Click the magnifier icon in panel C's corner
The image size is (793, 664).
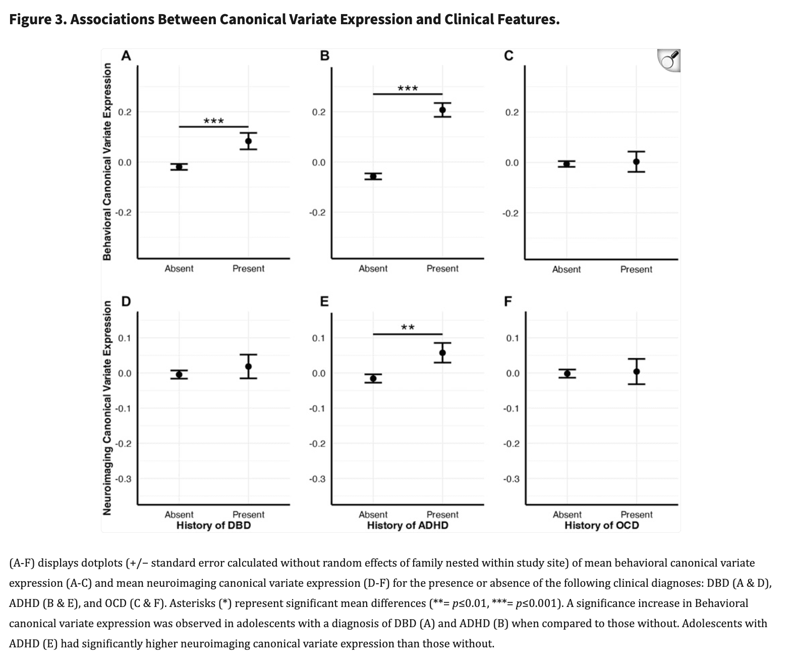[669, 61]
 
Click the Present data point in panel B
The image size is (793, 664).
[442, 110]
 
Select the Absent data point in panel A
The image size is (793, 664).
[179, 167]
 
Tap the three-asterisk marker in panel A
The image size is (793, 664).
[213, 121]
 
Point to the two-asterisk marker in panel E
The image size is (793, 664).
[408, 328]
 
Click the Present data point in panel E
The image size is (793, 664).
[442, 353]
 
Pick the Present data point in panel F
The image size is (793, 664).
[636, 371]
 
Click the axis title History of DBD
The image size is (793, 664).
[213, 525]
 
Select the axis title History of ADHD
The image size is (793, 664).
[407, 525]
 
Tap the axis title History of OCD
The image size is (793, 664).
[601, 525]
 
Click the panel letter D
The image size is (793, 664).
[126, 302]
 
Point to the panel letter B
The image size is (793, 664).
[325, 56]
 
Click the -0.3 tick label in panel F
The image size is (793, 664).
[511, 479]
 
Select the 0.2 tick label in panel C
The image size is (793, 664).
[512, 112]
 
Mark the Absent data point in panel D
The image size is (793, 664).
[179, 374]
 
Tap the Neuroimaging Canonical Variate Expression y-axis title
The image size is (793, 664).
[107, 408]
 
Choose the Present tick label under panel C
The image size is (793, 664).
[636, 269]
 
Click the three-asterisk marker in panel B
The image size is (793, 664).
[408, 89]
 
